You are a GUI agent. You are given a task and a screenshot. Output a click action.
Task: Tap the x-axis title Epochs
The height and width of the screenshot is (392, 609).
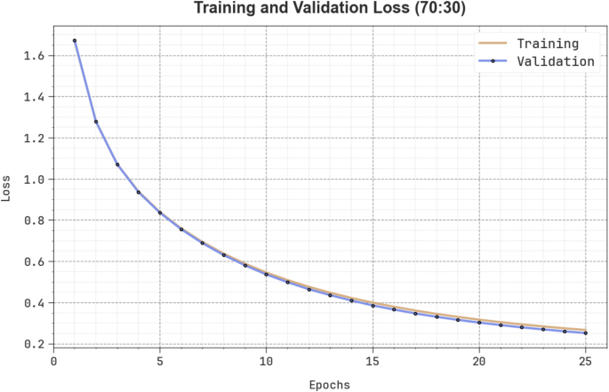point(328,384)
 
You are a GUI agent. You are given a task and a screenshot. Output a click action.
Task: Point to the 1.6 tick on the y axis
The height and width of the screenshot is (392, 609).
point(33,56)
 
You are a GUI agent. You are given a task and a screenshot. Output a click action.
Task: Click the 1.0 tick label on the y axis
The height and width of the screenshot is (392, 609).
point(33,180)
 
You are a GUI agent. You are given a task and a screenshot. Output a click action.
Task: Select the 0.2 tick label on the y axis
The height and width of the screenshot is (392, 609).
point(33,344)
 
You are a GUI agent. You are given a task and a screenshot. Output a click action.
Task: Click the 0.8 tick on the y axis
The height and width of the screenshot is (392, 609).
point(33,220)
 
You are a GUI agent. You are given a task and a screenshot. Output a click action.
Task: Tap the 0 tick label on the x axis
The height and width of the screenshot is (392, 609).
point(53,361)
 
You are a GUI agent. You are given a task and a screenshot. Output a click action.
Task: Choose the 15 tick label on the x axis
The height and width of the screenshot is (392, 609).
point(373,361)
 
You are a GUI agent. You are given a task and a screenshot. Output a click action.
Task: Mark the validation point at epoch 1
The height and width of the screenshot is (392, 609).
point(75,41)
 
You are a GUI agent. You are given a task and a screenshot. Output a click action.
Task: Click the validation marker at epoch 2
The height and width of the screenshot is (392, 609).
point(96,122)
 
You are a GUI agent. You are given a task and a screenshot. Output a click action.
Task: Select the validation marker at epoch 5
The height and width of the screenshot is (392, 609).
point(160,212)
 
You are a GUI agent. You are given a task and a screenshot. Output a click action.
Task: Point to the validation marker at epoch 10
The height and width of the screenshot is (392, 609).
point(267,274)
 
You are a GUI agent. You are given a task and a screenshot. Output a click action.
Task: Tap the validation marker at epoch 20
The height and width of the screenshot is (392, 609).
point(479,323)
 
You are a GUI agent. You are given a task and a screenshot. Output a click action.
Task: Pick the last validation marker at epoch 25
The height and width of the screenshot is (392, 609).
point(586,333)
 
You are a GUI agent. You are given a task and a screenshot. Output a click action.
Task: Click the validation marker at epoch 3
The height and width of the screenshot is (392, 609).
point(117,164)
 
